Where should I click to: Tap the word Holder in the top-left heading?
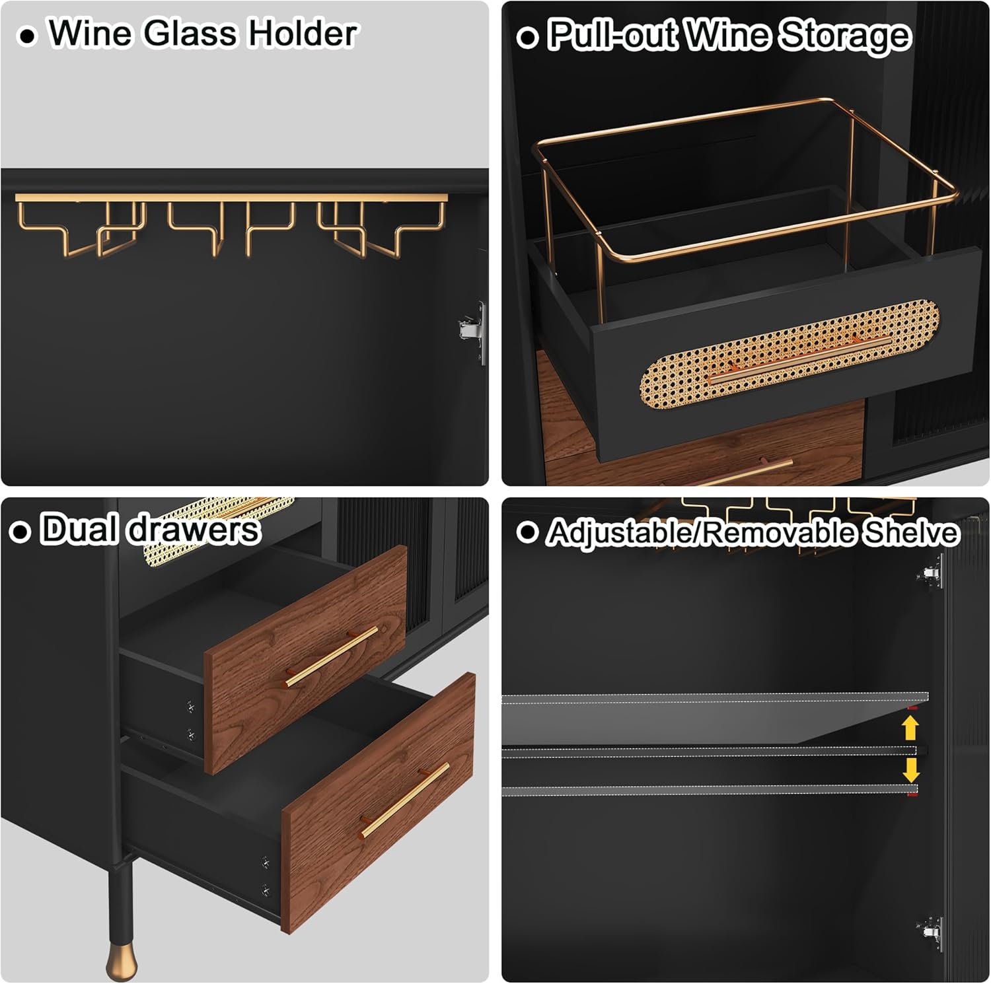click(302, 34)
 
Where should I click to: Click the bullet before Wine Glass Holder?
click(26, 36)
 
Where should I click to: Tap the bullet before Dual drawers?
click(20, 532)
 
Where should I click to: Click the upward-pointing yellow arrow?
click(910, 728)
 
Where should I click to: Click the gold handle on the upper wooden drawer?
click(331, 656)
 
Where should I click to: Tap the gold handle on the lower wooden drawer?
click(405, 800)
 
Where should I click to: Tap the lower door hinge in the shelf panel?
click(931, 932)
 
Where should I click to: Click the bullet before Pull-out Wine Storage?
click(527, 37)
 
